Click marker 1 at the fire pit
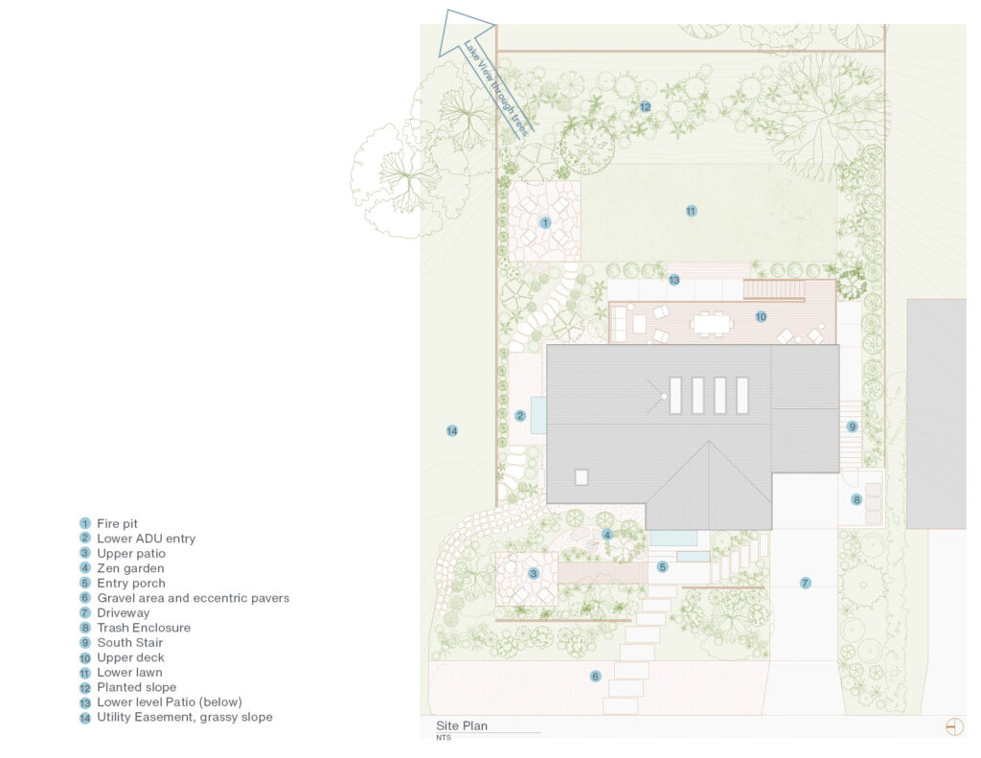coord(545,222)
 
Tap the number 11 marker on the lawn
coord(691,211)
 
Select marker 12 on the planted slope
coord(645,106)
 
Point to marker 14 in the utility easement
coord(451,431)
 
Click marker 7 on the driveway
coord(805,583)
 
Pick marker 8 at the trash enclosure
coord(856,499)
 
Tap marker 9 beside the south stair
coord(852,426)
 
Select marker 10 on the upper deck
coord(761,316)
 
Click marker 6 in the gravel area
coord(595,677)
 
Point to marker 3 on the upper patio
coord(534,574)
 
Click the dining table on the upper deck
coord(711,325)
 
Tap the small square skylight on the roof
coord(581,477)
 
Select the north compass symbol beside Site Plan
coord(953,726)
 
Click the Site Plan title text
coord(462,725)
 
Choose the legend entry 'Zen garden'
coord(130,568)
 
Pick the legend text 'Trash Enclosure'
coord(143,628)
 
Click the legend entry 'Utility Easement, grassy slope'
coord(184,717)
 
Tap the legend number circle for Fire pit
coord(84,524)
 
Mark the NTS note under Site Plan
coord(444,738)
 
